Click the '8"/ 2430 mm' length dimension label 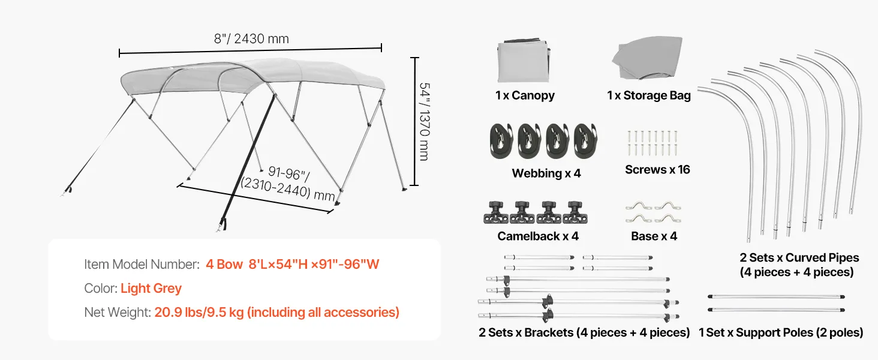pos(251,39)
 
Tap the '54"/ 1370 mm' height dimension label pos(425,122)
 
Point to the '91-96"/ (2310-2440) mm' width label pos(288,184)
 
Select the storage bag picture pos(647,58)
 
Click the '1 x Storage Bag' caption pos(649,95)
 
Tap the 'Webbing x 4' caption pos(546,173)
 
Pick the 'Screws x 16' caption pos(657,169)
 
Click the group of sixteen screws pos(653,143)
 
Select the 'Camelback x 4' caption pos(538,236)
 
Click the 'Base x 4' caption pos(654,236)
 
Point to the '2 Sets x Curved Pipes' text pos(799,257)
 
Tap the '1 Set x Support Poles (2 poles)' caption pos(781,332)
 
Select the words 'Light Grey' pos(151,288)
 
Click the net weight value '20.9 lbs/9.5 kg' pos(199,312)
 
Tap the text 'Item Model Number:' pos(142,265)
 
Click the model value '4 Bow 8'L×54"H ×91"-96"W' pos(293,265)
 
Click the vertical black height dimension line pos(414,121)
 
